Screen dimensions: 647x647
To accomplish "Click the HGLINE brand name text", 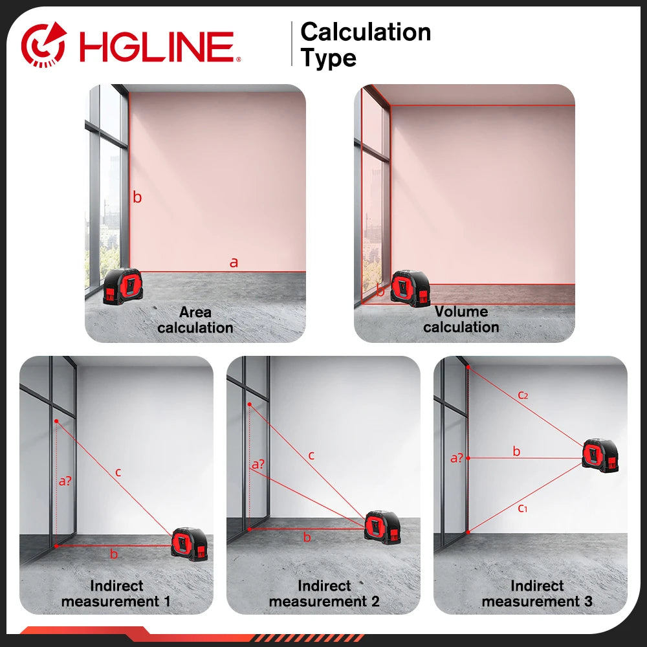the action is pyautogui.click(x=157, y=46).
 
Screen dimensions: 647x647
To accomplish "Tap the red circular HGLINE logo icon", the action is pyautogui.click(x=44, y=44).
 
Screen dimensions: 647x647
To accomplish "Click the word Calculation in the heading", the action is pyautogui.click(x=366, y=32).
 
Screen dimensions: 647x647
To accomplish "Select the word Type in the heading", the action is pyautogui.click(x=329, y=58).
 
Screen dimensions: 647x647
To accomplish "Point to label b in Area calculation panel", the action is pyautogui.click(x=137, y=197).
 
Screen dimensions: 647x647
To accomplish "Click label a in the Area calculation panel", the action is pyautogui.click(x=234, y=262).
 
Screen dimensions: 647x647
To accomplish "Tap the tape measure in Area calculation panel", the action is pyautogui.click(x=123, y=287).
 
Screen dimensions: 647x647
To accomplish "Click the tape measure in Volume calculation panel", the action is pyautogui.click(x=410, y=288).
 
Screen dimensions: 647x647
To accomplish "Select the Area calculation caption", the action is pyautogui.click(x=195, y=320).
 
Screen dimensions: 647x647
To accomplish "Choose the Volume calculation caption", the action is pyautogui.click(x=461, y=319).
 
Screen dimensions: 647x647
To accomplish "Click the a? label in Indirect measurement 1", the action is pyautogui.click(x=65, y=481).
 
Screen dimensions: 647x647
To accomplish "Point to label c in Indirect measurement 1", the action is pyautogui.click(x=118, y=472).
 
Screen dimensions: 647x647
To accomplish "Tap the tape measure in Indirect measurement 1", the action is pyautogui.click(x=190, y=544).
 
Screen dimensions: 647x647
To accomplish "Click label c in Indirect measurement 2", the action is pyautogui.click(x=311, y=455).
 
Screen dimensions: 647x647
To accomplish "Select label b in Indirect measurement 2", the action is pyautogui.click(x=307, y=537).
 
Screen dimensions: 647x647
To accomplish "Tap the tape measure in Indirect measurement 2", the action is pyautogui.click(x=382, y=527).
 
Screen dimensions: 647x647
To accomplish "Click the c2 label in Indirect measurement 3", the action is pyautogui.click(x=523, y=395).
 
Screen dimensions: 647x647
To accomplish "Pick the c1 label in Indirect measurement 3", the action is pyautogui.click(x=522, y=508).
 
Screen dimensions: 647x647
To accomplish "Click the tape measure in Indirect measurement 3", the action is pyautogui.click(x=600, y=456).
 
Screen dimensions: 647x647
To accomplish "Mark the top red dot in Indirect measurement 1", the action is pyautogui.click(x=56, y=421).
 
